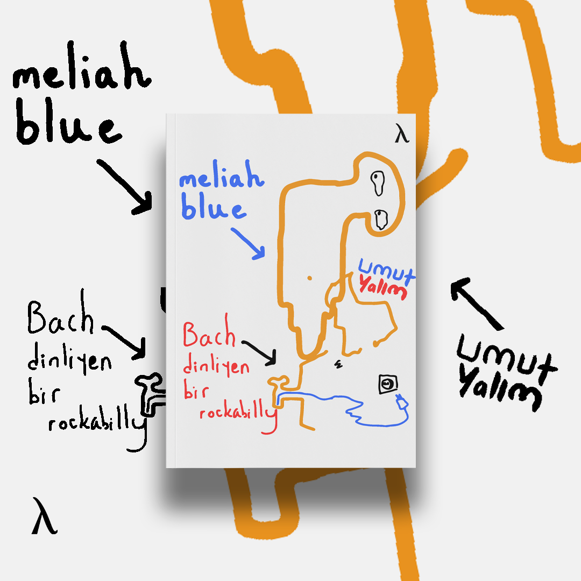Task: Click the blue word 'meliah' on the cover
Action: point(221,179)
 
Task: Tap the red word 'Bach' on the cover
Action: point(209,335)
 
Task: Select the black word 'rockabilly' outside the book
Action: point(97,423)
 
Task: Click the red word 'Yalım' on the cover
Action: point(382,288)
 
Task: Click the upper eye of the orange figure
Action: point(378,182)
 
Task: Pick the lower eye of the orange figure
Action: point(381,219)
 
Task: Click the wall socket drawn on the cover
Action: point(387,384)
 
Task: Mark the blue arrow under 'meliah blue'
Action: point(248,243)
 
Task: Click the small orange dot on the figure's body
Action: point(310,278)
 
